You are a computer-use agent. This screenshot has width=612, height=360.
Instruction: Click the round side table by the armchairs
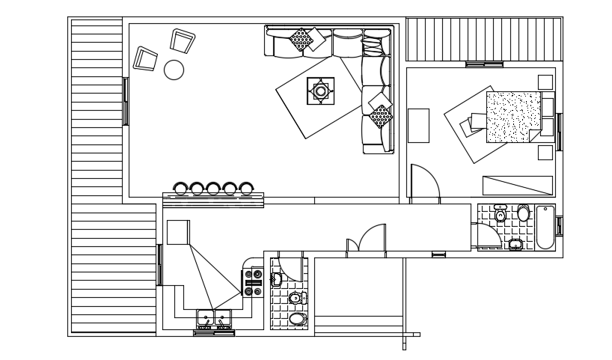pyautogui.click(x=174, y=70)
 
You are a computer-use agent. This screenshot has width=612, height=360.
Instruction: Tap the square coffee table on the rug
pyautogui.click(x=321, y=91)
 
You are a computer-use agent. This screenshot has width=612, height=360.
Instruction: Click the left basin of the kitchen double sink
pyautogui.click(x=205, y=320)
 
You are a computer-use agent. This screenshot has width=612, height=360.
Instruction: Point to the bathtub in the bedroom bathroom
pyautogui.click(x=544, y=228)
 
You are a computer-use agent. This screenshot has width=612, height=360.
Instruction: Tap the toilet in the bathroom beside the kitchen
pyautogui.click(x=296, y=298)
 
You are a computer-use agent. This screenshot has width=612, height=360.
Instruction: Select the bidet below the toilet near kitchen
pyautogui.click(x=297, y=320)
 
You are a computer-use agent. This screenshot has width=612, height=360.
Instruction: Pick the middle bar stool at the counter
pyautogui.click(x=214, y=188)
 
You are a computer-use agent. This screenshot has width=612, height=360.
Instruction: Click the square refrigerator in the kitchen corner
pyautogui.click(x=178, y=232)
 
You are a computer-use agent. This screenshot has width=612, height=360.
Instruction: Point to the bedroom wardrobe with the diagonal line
pyautogui.click(x=517, y=185)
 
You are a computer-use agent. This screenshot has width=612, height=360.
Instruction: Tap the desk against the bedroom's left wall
pyautogui.click(x=419, y=125)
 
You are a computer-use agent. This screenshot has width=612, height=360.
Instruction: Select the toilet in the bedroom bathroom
pyautogui.click(x=523, y=214)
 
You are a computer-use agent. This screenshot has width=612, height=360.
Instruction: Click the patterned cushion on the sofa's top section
pyautogui.click(x=301, y=39)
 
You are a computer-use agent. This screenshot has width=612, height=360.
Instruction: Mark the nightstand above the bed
pyautogui.click(x=545, y=81)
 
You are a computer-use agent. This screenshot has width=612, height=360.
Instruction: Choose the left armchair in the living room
pyautogui.click(x=145, y=58)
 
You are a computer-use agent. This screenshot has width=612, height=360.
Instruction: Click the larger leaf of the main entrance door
pyautogui.click(x=372, y=239)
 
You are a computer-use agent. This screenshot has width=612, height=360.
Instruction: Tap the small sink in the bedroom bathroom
pyautogui.click(x=515, y=244)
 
